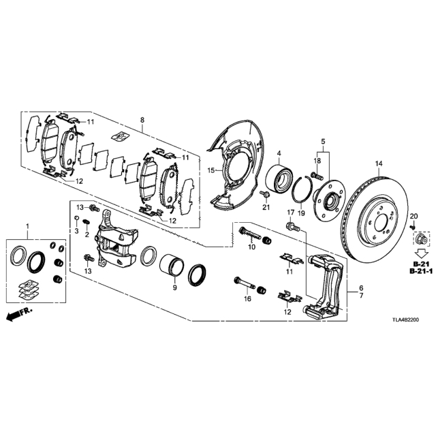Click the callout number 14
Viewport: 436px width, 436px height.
[379, 163]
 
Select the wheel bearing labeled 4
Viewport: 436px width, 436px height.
[279, 178]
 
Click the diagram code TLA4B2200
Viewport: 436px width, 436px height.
[405, 320]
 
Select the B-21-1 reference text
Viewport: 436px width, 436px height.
[421, 272]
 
